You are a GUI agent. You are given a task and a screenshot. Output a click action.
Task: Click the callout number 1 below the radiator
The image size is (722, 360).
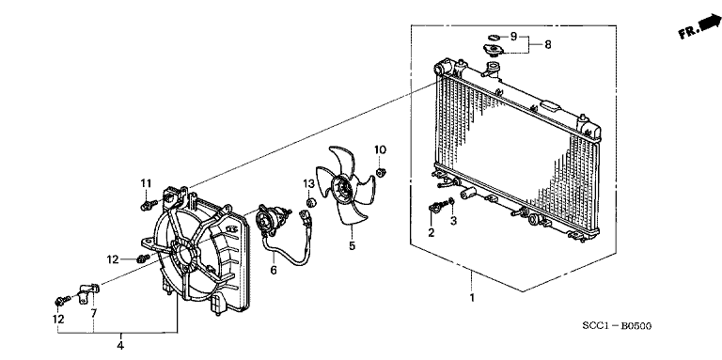click(x=472, y=298)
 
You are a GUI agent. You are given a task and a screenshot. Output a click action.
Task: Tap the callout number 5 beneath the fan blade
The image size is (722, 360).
click(x=352, y=247)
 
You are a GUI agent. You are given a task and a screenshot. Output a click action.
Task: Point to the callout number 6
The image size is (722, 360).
click(x=274, y=271)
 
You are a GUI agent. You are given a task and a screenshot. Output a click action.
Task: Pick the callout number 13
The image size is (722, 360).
click(x=308, y=181)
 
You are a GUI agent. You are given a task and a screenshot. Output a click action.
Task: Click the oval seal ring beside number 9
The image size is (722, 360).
click(x=491, y=36)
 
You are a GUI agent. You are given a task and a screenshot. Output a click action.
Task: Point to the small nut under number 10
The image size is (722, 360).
click(x=384, y=171)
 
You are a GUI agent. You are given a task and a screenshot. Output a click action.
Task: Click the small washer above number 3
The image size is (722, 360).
click(x=452, y=202)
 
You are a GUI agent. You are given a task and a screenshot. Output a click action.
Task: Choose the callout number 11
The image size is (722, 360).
click(x=146, y=182)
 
